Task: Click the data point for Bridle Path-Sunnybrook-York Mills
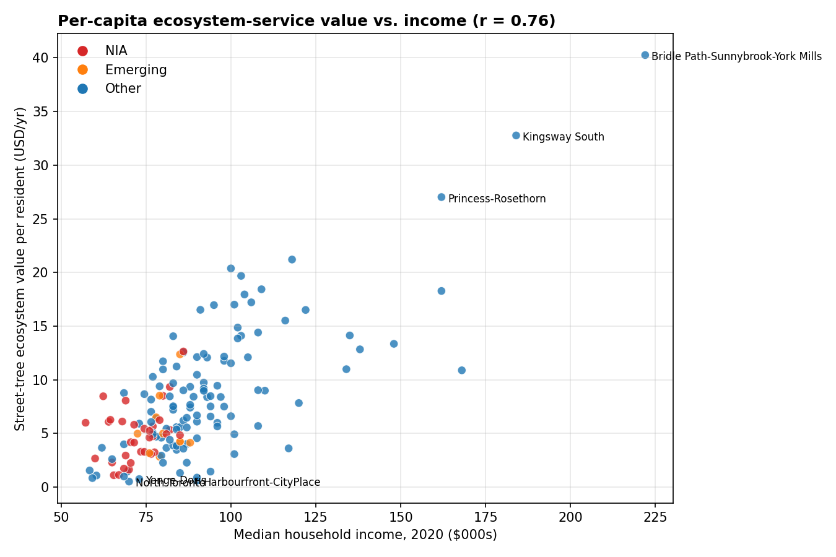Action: point(645,55)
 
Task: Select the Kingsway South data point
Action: point(516,136)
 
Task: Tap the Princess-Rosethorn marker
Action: point(441,197)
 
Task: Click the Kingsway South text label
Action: point(563,137)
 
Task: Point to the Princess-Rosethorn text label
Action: point(497,199)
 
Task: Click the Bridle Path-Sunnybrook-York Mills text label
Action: point(736,57)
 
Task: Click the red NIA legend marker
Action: point(82,51)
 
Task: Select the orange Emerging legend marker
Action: point(82,70)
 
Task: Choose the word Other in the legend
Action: point(123,89)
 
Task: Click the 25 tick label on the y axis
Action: point(42,219)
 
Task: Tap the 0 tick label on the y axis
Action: point(45,487)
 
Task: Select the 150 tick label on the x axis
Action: point(400,517)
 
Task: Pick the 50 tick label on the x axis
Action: point(61,517)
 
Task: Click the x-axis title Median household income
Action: point(365,535)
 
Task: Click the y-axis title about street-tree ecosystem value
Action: point(20,269)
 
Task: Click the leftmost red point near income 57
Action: point(85,423)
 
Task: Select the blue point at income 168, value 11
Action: point(461,370)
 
